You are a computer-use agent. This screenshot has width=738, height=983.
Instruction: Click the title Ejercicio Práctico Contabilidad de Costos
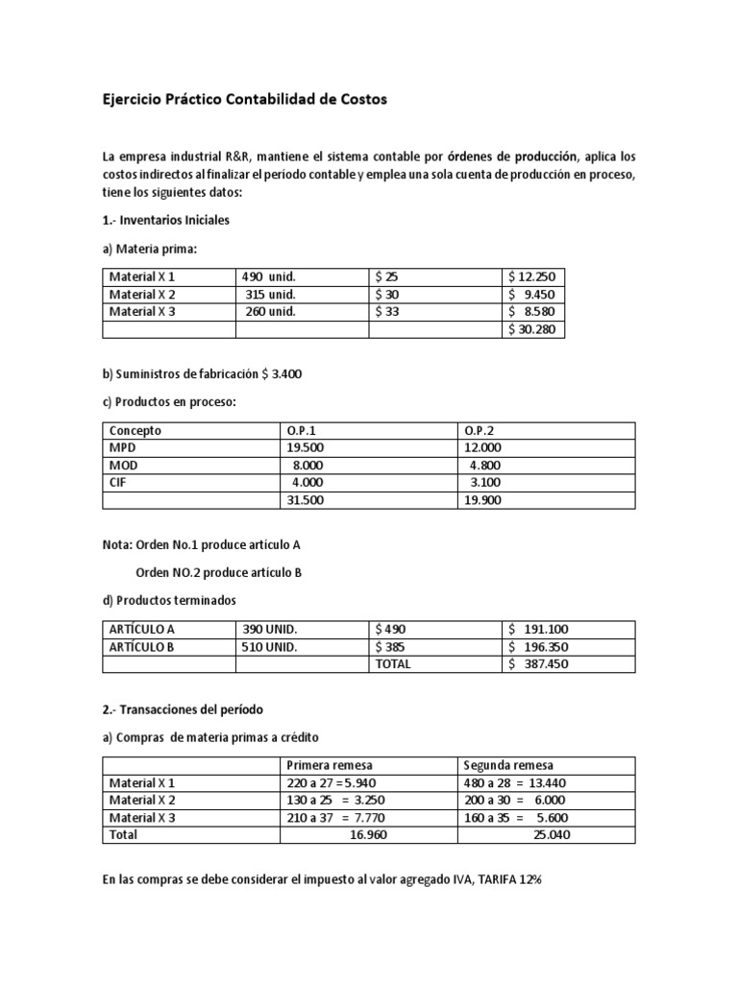245,100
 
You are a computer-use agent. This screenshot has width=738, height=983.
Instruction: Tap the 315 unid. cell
270,294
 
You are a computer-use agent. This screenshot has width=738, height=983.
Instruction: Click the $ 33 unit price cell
387,311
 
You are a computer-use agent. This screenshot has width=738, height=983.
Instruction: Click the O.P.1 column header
301,431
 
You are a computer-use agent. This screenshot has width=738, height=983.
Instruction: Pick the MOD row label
123,466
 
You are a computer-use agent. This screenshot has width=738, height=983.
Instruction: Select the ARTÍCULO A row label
142,629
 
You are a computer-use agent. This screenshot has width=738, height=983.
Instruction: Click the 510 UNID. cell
271,646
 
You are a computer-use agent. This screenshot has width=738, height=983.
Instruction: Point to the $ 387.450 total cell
540,663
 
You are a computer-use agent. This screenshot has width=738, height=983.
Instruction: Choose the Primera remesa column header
330,765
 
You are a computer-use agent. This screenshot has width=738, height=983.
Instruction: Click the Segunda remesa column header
508,765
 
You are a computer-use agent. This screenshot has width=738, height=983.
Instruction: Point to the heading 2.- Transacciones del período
183,709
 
